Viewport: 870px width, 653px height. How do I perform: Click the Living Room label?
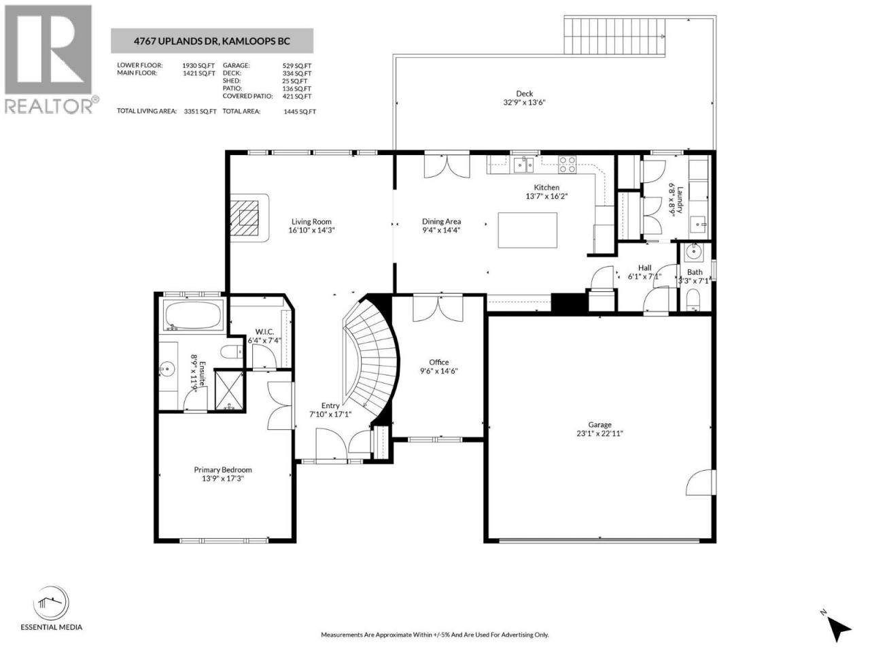click(x=311, y=222)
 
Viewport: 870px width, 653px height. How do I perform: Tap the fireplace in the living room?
click(x=249, y=218)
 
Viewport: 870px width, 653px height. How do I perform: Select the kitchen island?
click(x=527, y=230)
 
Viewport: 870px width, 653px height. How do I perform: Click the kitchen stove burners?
click(x=567, y=165)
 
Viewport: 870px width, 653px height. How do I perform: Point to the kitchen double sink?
click(x=523, y=165)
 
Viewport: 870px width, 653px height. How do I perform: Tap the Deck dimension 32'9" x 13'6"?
click(x=524, y=102)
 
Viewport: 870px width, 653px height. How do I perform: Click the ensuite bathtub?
click(x=193, y=315)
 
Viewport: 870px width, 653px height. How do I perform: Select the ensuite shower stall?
click(x=229, y=390)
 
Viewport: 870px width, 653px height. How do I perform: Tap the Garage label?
click(x=599, y=424)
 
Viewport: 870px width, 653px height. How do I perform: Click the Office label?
click(x=439, y=362)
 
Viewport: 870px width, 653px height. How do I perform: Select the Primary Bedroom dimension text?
click(x=223, y=479)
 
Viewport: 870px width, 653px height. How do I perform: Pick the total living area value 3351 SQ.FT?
click(x=200, y=112)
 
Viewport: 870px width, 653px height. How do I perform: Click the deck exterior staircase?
click(x=614, y=36)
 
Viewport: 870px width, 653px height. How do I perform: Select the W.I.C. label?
click(x=265, y=331)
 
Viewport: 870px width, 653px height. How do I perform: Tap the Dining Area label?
click(x=441, y=222)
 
